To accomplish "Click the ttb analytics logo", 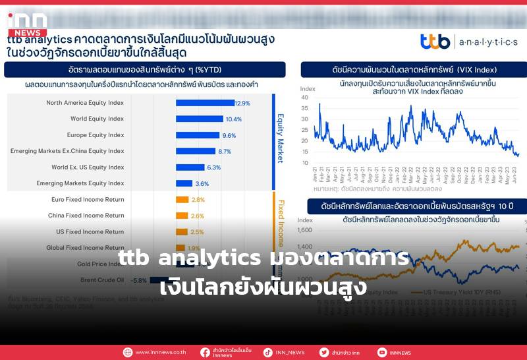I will [x=468, y=42].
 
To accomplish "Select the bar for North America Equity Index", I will [x=204, y=103].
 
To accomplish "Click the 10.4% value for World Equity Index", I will [x=233, y=119].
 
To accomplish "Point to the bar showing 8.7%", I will [x=196, y=151].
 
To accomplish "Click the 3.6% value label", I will [x=202, y=183].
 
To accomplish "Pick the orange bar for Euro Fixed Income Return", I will [x=182, y=200].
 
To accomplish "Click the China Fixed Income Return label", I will [x=86, y=216].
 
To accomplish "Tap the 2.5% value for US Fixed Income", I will [x=196, y=232].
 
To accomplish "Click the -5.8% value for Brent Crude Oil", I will [x=138, y=280].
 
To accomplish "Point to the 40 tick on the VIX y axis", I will [x=304, y=97].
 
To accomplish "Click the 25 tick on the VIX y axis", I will [x=304, y=130].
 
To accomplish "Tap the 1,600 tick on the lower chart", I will [x=304, y=230].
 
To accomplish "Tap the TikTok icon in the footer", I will [x=268, y=353].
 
